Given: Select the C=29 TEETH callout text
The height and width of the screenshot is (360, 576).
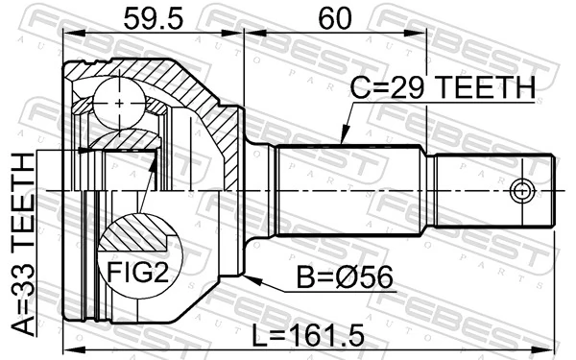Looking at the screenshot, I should (x=441, y=89).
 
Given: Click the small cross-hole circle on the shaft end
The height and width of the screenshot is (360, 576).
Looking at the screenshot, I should (x=521, y=189).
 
